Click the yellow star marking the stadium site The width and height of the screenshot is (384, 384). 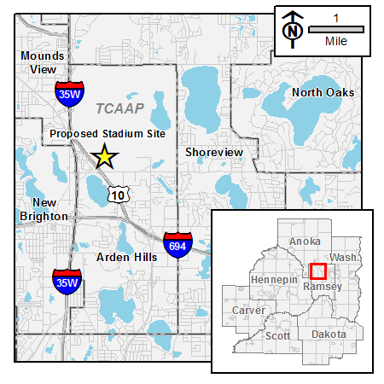[x=105, y=156]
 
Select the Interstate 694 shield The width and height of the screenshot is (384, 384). [x=177, y=245]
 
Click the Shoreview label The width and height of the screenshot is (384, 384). [x=214, y=152]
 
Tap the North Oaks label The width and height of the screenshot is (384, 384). [x=323, y=92]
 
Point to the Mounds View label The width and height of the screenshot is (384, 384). [x=38, y=62]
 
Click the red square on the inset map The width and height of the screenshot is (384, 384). [x=317, y=271]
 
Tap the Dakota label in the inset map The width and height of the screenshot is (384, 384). [x=329, y=334]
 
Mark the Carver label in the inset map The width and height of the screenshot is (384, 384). [x=249, y=310]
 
